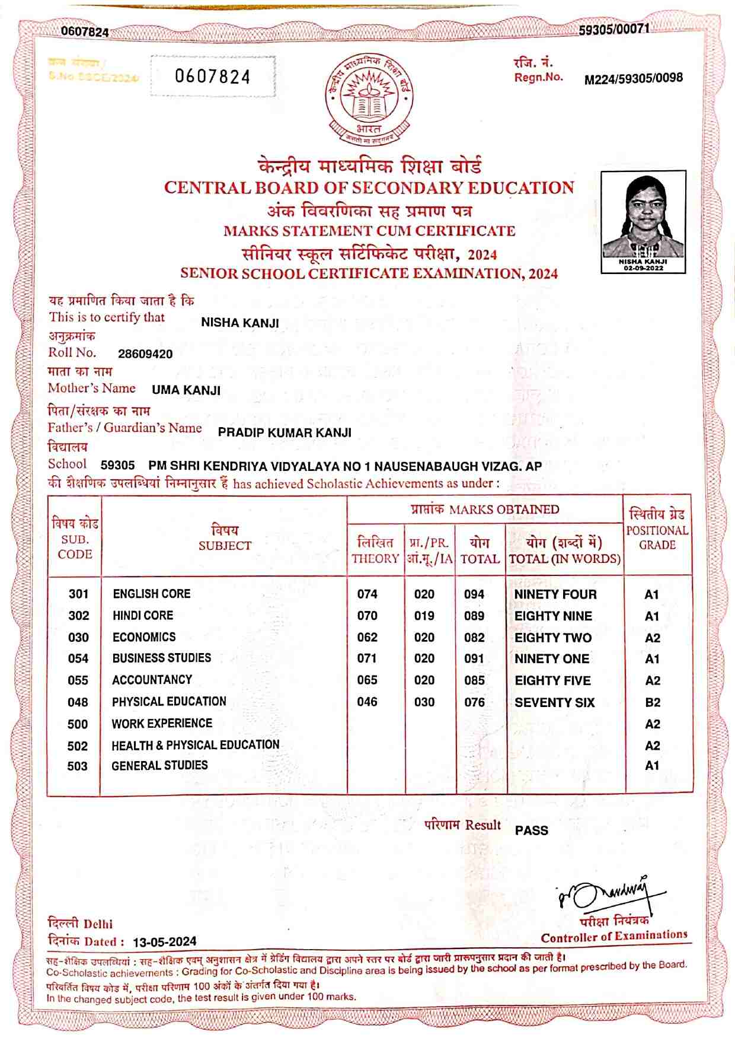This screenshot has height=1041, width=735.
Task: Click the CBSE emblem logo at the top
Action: pyautogui.click(x=368, y=98)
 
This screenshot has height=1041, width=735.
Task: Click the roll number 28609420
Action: pyautogui.click(x=145, y=354)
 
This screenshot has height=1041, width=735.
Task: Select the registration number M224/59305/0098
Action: pyautogui.click(x=633, y=78)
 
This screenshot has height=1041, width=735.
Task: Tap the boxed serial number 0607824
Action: pyautogui.click(x=213, y=77)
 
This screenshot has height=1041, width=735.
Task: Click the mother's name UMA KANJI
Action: pyautogui.click(x=186, y=390)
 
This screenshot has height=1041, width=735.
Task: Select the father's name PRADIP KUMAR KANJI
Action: pyautogui.click(x=285, y=432)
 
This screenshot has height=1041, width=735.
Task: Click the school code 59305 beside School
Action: pyautogui.click(x=117, y=466)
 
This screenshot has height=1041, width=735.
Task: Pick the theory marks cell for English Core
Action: pyautogui.click(x=367, y=594)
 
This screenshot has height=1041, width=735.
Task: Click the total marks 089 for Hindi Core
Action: pyautogui.click(x=474, y=616)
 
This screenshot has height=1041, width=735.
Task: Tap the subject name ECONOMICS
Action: pyautogui.click(x=144, y=638)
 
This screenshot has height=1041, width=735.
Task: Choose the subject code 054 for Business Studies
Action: pyautogui.click(x=78, y=659)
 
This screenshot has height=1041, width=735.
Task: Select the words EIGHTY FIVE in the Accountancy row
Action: pyautogui.click(x=552, y=681)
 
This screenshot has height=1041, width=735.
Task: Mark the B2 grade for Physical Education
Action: pyautogui.click(x=653, y=703)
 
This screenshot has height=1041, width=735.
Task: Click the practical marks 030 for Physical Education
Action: pyautogui.click(x=424, y=702)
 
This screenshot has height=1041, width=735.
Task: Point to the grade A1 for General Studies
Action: pyautogui.click(x=652, y=766)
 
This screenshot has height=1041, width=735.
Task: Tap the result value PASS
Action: pyautogui.click(x=531, y=830)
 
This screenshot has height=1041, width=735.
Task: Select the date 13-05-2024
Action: pyautogui.click(x=164, y=942)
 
